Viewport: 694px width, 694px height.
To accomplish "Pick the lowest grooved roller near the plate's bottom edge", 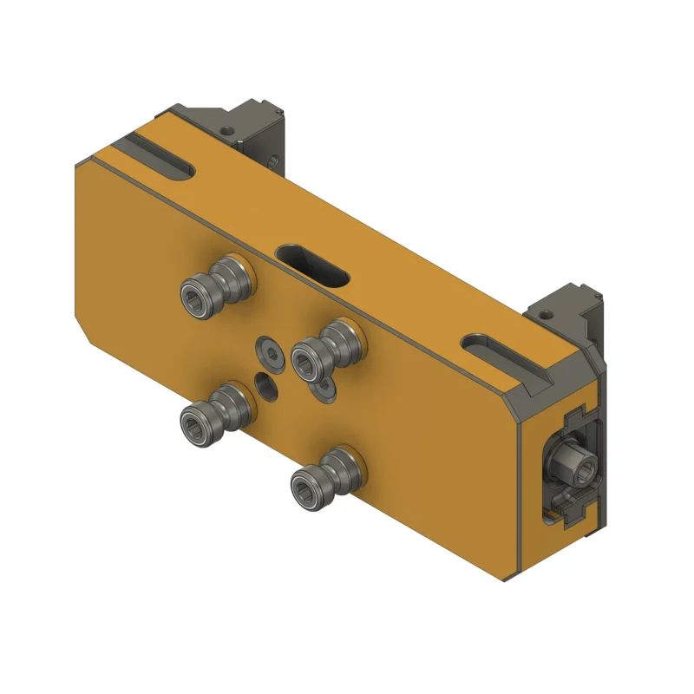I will [328, 474].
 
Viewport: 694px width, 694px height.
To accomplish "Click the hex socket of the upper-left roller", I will [193, 297].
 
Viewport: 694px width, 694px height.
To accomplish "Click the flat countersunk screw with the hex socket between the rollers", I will [269, 353].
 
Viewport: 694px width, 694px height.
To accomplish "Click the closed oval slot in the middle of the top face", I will [312, 265].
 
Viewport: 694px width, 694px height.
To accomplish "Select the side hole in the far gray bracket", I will [272, 160].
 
